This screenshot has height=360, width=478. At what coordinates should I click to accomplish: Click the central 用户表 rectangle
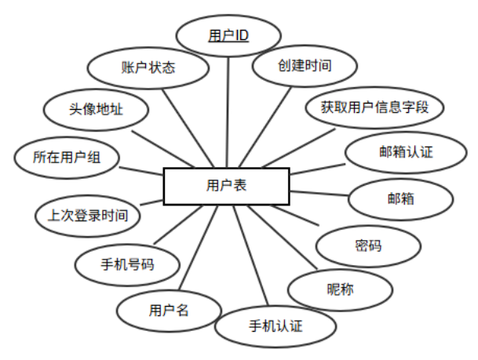[x=226, y=186]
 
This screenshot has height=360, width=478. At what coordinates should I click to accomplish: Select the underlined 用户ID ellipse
[x=228, y=36]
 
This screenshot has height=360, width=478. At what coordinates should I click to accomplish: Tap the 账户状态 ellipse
[x=148, y=67]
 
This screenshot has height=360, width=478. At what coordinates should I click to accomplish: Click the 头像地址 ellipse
[x=95, y=110]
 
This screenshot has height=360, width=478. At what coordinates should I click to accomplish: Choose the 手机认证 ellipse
[x=275, y=325]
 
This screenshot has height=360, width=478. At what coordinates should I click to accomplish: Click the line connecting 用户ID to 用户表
[x=228, y=110]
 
